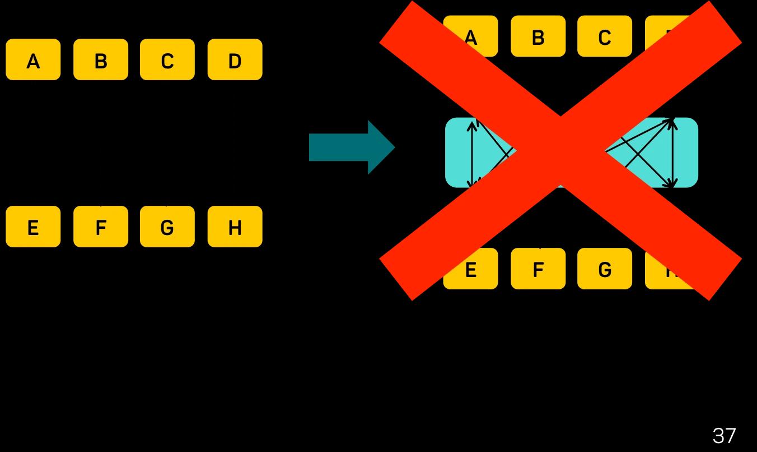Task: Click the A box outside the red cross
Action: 33,59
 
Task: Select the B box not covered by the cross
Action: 101,59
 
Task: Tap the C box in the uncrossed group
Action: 167,59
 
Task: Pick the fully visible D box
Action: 235,59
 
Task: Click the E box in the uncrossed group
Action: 33,227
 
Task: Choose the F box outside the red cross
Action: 101,227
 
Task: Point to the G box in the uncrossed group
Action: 167,227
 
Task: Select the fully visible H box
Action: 235,227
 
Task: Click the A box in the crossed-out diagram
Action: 470,36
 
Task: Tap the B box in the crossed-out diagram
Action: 538,36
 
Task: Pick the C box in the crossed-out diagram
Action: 605,36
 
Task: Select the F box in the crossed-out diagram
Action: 538,269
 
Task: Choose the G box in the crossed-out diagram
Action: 605,269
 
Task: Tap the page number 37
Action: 723,433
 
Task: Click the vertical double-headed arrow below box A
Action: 473,153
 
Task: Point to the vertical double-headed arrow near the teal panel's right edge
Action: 672,153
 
